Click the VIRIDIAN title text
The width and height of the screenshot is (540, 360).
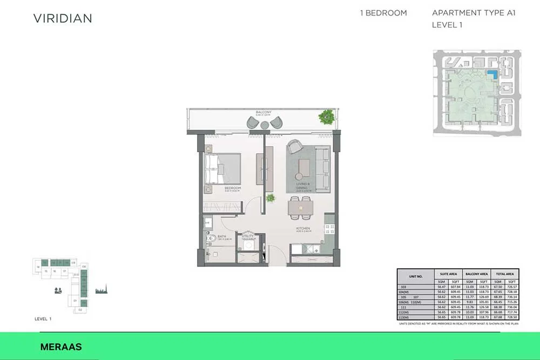click(x=63, y=18)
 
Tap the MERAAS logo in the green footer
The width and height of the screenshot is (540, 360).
click(x=61, y=347)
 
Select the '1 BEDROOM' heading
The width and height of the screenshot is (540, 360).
click(x=383, y=13)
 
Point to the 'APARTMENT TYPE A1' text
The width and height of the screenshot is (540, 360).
click(x=474, y=13)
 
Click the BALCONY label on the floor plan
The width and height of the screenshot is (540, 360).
click(x=264, y=112)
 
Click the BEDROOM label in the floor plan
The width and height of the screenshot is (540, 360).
click(x=232, y=188)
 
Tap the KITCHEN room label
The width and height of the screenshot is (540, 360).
click(x=303, y=229)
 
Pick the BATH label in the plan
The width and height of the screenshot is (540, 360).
click(x=222, y=236)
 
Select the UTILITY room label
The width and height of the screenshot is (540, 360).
click(x=248, y=236)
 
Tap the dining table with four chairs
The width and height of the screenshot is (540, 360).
click(x=300, y=207)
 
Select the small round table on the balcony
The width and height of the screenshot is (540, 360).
click(x=265, y=124)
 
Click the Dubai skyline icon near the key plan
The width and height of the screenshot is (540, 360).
click(x=101, y=290)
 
